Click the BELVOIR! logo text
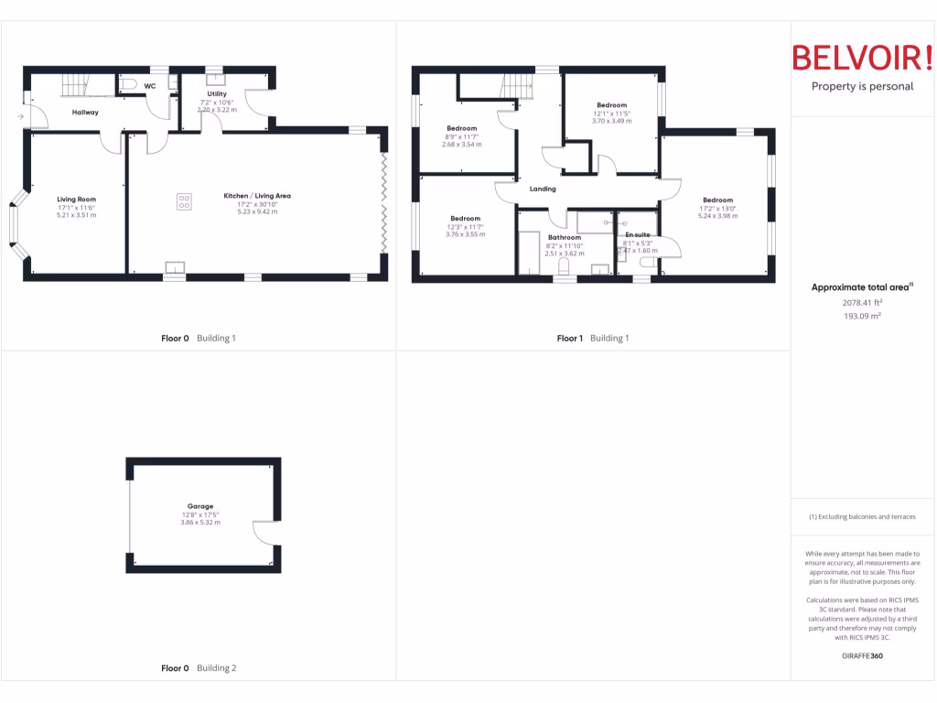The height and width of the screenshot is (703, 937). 862,58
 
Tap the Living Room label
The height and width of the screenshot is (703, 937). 76,199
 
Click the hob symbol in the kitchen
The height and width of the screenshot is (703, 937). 184,201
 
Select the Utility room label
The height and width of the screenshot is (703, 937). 217,93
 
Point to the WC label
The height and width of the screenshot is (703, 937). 149,86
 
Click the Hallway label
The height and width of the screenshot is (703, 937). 85,113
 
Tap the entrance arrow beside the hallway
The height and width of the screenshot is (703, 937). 20,117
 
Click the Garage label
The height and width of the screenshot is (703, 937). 200,506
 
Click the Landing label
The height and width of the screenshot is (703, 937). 543,189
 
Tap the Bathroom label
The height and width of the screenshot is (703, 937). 565,237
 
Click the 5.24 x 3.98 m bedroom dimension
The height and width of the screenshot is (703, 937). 717,216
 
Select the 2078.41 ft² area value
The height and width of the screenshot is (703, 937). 862,302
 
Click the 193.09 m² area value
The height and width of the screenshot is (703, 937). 862,316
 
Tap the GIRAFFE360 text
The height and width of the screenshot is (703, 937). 862,655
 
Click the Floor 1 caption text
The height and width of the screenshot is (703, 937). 569,339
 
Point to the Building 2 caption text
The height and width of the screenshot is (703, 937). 217,668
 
